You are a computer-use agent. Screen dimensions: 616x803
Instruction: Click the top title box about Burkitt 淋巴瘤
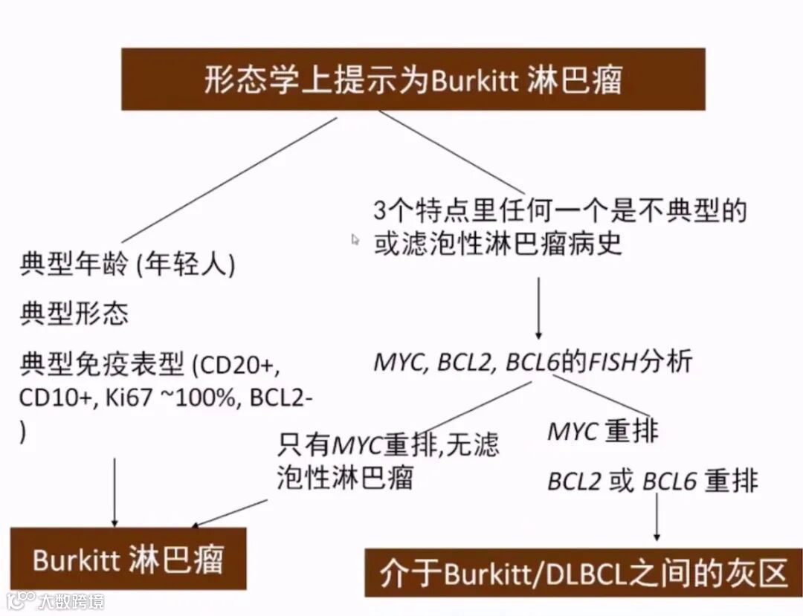413,80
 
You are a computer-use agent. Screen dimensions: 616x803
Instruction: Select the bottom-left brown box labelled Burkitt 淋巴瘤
128,559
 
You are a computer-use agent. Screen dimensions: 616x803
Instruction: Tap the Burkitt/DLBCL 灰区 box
583,573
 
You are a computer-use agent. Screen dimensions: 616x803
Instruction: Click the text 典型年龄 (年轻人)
127,265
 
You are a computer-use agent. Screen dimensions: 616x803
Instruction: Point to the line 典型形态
74,314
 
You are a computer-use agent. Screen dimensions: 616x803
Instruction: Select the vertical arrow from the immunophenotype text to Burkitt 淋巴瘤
115,491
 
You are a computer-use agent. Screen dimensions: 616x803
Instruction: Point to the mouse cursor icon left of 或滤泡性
355,239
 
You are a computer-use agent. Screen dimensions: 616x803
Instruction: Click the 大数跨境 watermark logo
56,600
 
